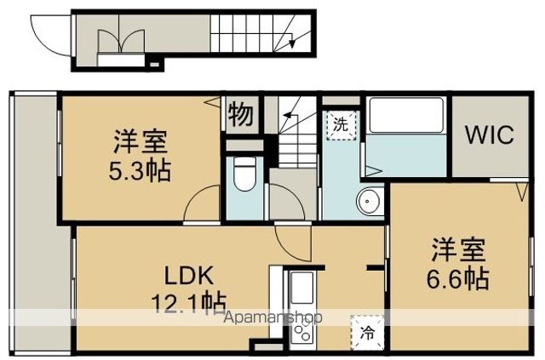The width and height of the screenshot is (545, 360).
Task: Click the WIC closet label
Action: pos(489,134)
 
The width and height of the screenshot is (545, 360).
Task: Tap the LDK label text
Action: pos(188,276)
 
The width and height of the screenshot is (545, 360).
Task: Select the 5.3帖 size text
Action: pos(140,170)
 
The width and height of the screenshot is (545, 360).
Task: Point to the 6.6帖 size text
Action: pos(458,278)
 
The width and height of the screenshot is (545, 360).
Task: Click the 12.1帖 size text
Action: pos(189,303)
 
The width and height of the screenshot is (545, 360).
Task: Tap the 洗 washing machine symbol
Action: pos(341,124)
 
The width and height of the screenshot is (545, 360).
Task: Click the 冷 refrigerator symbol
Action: pos(367,333)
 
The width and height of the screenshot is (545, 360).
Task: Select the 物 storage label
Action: pos(240,114)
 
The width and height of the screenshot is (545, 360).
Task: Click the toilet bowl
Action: pos(244,174)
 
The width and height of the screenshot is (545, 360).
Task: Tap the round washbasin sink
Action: pos(368,201)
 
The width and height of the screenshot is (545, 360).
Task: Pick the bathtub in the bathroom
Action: pos(406,116)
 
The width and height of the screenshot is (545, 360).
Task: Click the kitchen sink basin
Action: pos(301,288)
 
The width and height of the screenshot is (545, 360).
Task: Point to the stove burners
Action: pos(303,331)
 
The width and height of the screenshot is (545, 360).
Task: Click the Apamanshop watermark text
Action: pos(273,317)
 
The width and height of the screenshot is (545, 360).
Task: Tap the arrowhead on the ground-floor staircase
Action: pos(292,43)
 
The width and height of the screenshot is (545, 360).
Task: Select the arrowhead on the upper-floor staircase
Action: pos(286,115)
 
